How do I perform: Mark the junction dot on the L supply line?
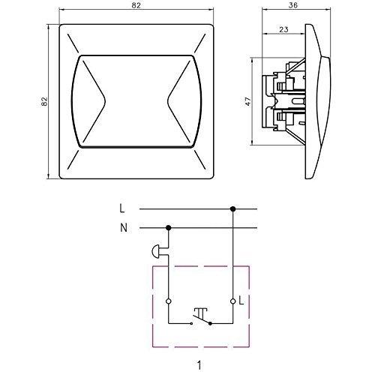233,210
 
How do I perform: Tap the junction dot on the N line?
168,229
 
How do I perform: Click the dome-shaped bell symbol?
159,250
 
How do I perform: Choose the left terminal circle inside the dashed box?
168,300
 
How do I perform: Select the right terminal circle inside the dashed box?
233,300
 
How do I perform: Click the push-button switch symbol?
200,316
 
